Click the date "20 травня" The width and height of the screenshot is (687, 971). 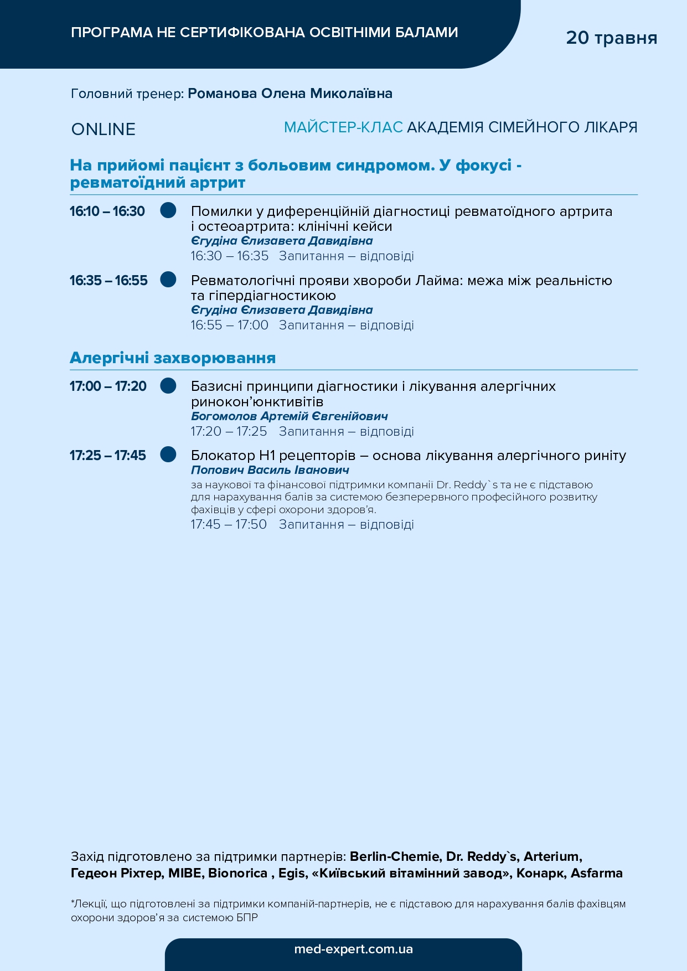(x=611, y=38)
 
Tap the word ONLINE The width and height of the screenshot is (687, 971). (x=104, y=130)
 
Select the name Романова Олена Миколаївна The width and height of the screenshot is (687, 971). (x=290, y=94)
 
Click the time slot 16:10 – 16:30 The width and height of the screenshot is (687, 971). (x=107, y=211)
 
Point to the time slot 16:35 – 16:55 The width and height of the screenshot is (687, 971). (x=109, y=280)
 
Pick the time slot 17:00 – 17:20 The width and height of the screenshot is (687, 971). (x=108, y=386)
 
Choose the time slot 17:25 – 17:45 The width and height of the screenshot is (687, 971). (x=108, y=455)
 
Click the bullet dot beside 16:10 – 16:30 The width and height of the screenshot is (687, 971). (x=168, y=210)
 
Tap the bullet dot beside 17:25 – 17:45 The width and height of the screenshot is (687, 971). (x=168, y=454)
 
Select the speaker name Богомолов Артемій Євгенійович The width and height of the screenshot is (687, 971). (x=289, y=416)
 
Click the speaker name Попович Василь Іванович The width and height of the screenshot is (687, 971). (x=270, y=470)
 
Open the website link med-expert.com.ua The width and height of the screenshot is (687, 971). (x=353, y=949)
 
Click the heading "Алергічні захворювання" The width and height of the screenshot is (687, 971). (x=173, y=358)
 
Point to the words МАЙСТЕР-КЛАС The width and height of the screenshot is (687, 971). (x=343, y=127)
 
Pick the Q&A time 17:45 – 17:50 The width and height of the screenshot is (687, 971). (x=229, y=524)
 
